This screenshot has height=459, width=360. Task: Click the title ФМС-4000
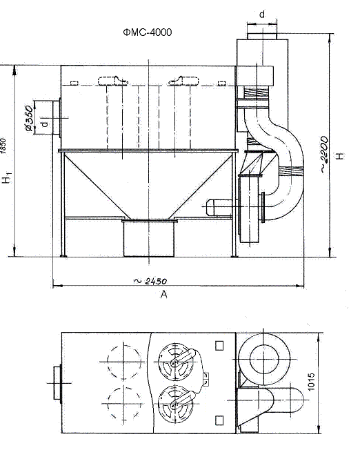pyautogui.click(x=148, y=32)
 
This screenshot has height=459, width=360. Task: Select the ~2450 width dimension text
pyautogui.click(x=150, y=281)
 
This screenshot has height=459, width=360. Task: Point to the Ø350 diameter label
pyautogui.click(x=29, y=119)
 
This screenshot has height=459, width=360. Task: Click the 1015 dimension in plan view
pyautogui.click(x=311, y=381)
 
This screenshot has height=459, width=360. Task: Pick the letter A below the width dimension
pyautogui.click(x=163, y=294)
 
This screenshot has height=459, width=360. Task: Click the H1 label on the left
pyautogui.click(x=7, y=178)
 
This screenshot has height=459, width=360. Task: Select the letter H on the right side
pyautogui.click(x=340, y=156)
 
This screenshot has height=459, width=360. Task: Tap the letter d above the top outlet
pyautogui.click(x=262, y=14)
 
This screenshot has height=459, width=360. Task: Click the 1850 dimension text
pyautogui.click(x=3, y=146)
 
